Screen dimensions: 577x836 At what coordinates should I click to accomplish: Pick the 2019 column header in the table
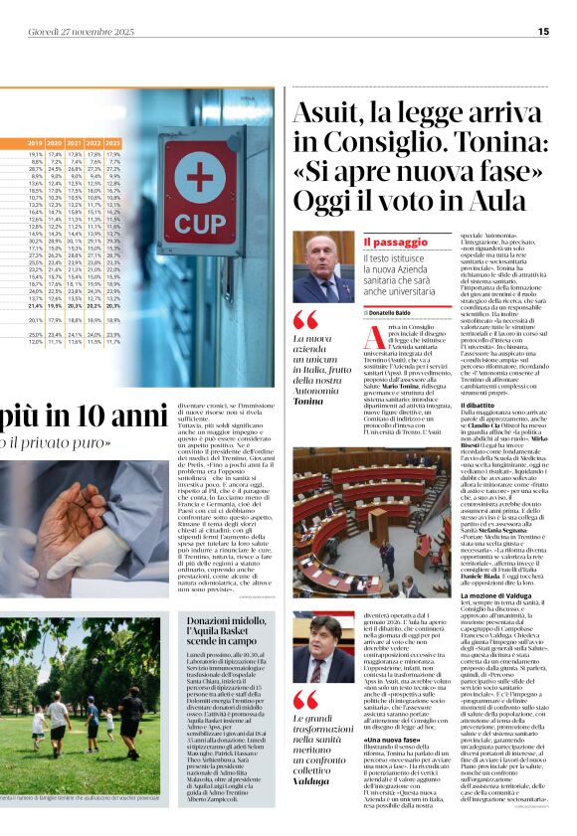pyautogui.click(x=36, y=144)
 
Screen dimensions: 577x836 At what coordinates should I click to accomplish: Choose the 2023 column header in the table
pyautogui.click(x=112, y=144)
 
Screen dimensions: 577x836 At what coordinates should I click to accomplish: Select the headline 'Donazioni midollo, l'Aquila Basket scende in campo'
pyautogui.click(x=231, y=629)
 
